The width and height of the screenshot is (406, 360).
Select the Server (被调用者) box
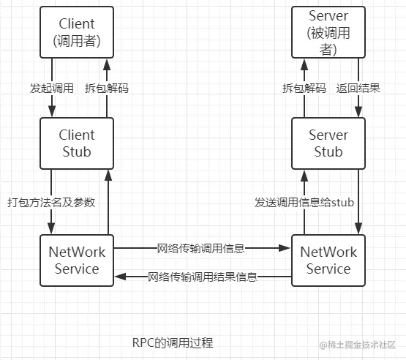tap(328, 32)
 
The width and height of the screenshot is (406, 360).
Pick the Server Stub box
tap(328, 143)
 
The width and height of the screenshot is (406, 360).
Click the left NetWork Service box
tap(77, 260)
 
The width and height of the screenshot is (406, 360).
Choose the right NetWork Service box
tap(328, 260)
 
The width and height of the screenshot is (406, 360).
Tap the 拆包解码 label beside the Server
tap(305, 88)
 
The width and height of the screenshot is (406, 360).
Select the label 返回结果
tap(358, 88)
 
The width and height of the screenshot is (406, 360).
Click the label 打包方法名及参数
tap(51, 202)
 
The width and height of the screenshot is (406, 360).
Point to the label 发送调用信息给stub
tap(304, 202)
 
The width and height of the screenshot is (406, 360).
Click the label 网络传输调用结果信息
tap(202, 277)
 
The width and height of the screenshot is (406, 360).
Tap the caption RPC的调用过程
tap(172, 342)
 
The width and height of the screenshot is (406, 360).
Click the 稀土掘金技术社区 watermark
tap(361, 343)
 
